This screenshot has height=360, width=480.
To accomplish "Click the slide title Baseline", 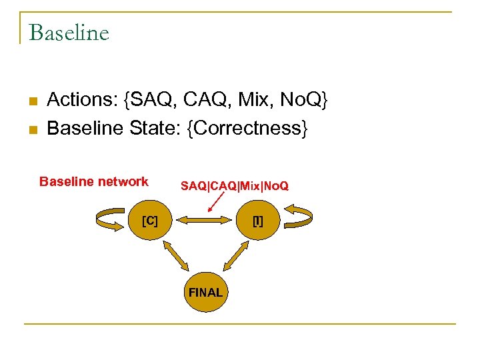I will (69, 32).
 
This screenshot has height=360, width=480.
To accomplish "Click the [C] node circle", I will (150, 221).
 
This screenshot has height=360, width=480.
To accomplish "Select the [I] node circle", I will (257, 221).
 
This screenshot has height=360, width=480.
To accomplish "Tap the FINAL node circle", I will (205, 292).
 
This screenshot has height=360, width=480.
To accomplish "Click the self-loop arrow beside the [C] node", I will (111, 221).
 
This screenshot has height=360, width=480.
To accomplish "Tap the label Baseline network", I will (94, 181).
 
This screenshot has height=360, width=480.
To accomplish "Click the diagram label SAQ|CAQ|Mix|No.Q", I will (235, 186).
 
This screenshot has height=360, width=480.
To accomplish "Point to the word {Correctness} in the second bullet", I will (247, 127).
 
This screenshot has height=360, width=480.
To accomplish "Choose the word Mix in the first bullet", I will (255, 100).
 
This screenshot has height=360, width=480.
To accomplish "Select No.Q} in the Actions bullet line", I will (304, 100).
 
